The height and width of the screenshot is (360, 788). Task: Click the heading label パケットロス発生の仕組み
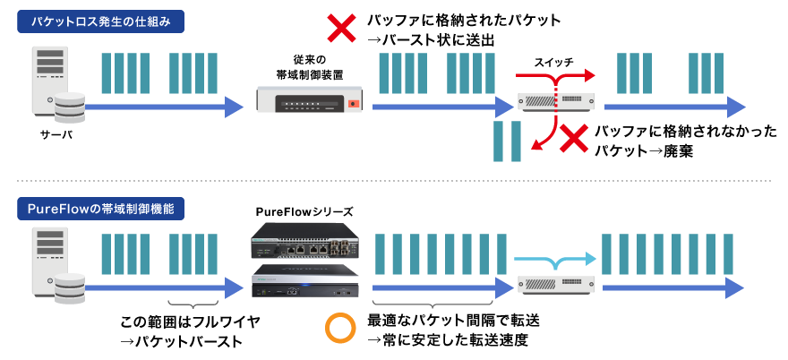pos(100,21)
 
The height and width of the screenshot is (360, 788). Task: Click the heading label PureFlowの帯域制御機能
pos(100,210)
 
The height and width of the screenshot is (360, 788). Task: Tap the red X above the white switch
pos(341,29)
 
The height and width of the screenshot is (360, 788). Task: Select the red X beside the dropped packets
pos(573,139)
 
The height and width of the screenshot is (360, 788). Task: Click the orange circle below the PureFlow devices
pos(340,329)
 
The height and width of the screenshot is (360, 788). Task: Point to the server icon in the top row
pos(50,80)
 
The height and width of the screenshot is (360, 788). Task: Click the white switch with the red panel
pos(309,99)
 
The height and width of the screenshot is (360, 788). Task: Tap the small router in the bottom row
pos(556,285)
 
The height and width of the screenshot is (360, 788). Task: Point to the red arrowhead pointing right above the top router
pos(587,74)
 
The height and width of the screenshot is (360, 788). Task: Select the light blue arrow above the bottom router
pos(555,260)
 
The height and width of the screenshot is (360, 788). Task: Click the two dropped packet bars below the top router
pos(507,141)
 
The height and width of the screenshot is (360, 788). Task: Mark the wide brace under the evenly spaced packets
pos(433,305)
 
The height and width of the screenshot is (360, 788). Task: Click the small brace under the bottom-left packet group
pos(193,305)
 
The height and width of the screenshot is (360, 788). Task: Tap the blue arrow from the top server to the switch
pos(161,107)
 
